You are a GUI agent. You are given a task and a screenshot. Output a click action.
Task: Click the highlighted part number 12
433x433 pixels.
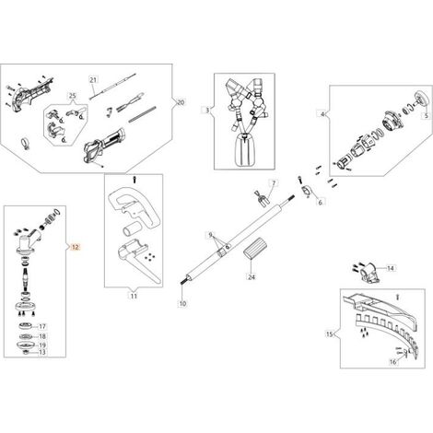(76, 247)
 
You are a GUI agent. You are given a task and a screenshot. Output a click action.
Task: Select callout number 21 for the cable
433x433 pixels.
(93, 80)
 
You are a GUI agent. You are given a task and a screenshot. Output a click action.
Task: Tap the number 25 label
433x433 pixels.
(72, 96)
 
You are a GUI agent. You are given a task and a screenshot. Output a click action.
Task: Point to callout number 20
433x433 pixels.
(181, 102)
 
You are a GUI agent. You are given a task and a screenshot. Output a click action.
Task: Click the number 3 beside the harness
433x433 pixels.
(207, 110)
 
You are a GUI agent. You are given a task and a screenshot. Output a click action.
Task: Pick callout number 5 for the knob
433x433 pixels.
(426, 115)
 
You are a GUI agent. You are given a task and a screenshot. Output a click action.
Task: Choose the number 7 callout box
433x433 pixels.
(274, 183)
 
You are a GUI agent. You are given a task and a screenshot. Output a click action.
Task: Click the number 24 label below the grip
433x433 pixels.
(252, 276)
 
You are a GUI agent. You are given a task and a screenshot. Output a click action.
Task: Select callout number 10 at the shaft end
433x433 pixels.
(182, 303)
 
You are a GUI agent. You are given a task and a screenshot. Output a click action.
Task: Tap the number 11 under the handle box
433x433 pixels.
(134, 296)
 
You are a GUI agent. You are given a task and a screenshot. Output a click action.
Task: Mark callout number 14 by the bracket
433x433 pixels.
(390, 268)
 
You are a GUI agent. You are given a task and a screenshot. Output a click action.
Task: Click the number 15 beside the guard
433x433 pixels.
(330, 334)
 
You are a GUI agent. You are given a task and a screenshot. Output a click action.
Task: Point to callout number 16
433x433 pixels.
(393, 362)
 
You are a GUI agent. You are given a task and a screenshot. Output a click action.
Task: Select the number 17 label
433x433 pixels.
(42, 326)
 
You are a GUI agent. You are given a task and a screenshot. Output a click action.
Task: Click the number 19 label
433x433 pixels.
(42, 345)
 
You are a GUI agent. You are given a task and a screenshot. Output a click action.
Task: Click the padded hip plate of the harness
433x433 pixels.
(245, 151)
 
